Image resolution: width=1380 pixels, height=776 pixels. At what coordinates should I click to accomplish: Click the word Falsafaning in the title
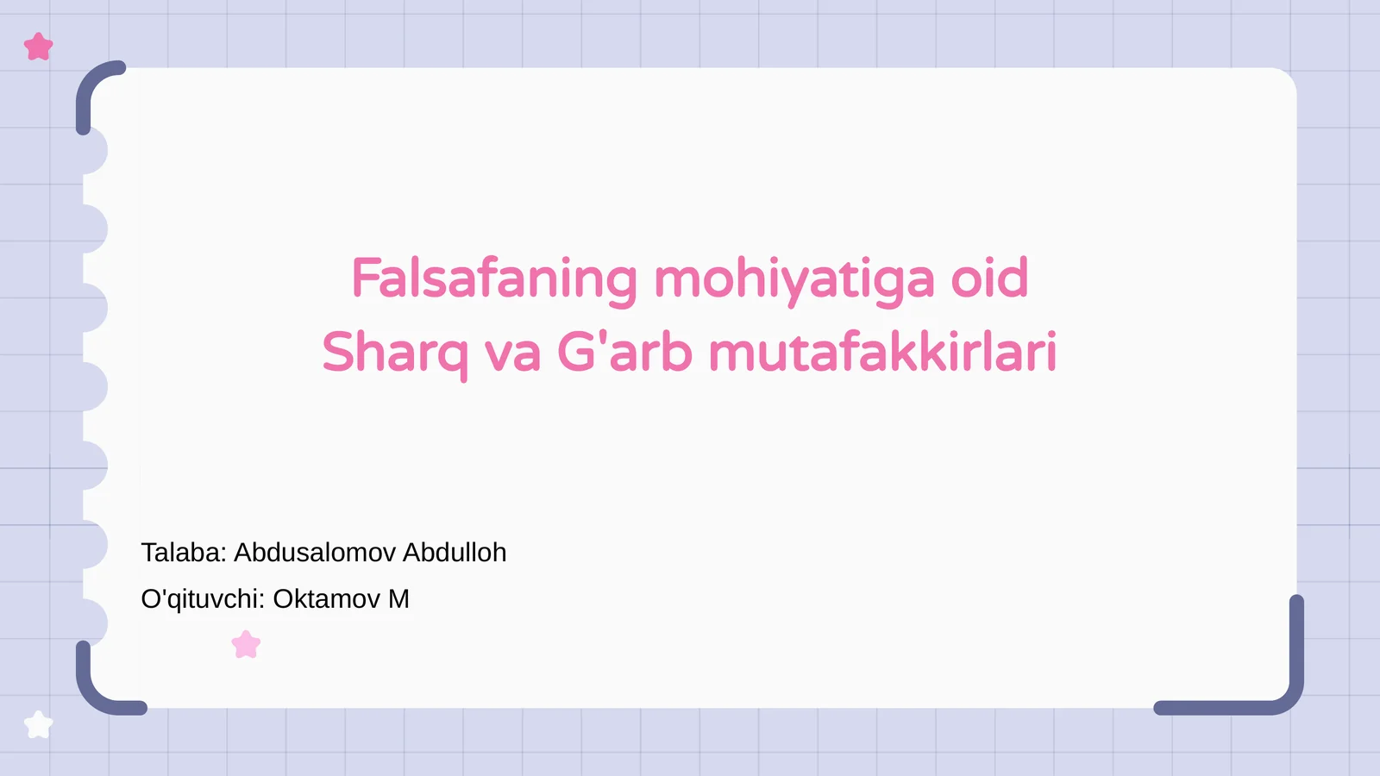(494, 278)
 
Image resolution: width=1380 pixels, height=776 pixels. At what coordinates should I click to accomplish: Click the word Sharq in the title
(394, 353)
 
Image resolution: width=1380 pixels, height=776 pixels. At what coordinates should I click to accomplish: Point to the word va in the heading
(512, 354)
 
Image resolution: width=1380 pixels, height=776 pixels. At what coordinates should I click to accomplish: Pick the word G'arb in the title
(624, 352)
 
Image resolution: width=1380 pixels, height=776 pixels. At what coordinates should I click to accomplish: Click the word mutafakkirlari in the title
(882, 352)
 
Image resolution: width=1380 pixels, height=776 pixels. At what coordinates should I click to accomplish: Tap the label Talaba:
(184, 552)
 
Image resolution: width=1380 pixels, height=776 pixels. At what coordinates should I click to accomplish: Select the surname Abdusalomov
(315, 552)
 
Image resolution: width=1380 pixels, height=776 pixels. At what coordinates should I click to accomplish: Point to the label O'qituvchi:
(203, 598)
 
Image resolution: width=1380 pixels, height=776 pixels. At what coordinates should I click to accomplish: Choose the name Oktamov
(326, 598)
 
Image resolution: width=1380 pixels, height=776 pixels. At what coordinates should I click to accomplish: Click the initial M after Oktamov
(398, 598)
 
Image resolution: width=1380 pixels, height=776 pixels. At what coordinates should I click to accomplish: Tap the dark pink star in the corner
(39, 47)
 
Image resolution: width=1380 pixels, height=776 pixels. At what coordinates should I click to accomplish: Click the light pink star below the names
(246, 644)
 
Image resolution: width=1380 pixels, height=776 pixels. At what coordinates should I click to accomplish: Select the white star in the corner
(38, 724)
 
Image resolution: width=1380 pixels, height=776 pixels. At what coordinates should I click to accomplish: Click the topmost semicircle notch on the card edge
(94, 151)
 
